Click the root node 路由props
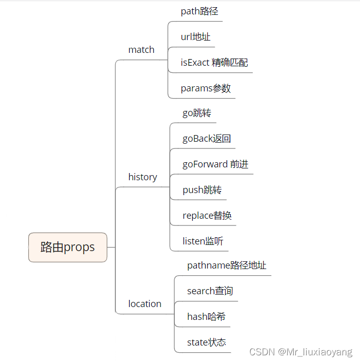click(x=68, y=247)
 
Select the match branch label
click(x=141, y=49)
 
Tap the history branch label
click(x=143, y=177)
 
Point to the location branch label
click(x=145, y=303)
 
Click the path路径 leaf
click(x=199, y=11)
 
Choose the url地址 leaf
click(x=195, y=36)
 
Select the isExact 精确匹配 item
click(x=214, y=62)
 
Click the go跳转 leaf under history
click(x=196, y=112)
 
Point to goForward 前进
click(x=215, y=164)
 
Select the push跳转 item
click(x=202, y=189)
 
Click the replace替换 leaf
click(x=207, y=215)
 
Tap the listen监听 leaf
click(x=203, y=241)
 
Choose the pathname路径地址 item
click(x=227, y=265)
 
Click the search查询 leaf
click(x=210, y=291)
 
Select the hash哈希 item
click(x=206, y=316)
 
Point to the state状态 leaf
click(x=206, y=342)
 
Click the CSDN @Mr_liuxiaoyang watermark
click(x=301, y=352)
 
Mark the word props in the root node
click(x=79, y=247)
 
